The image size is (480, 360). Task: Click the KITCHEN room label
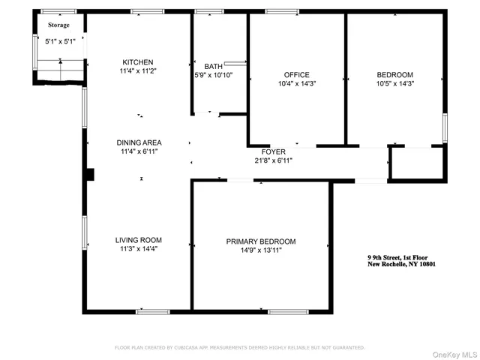(139, 62)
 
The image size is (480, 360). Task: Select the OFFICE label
(296, 75)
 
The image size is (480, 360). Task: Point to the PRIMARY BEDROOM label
(261, 241)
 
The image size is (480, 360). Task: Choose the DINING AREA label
(139, 142)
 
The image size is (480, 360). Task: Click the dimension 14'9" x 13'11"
(261, 250)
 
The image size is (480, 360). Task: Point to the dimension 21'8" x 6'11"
(273, 160)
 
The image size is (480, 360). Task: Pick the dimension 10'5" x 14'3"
(394, 84)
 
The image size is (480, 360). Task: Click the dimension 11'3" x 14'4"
(136, 249)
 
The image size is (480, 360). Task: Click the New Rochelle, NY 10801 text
(401, 264)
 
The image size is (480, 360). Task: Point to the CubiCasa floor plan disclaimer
(239, 347)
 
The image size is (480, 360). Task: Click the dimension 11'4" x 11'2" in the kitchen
(139, 71)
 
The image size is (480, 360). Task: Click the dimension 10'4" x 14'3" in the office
(296, 84)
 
